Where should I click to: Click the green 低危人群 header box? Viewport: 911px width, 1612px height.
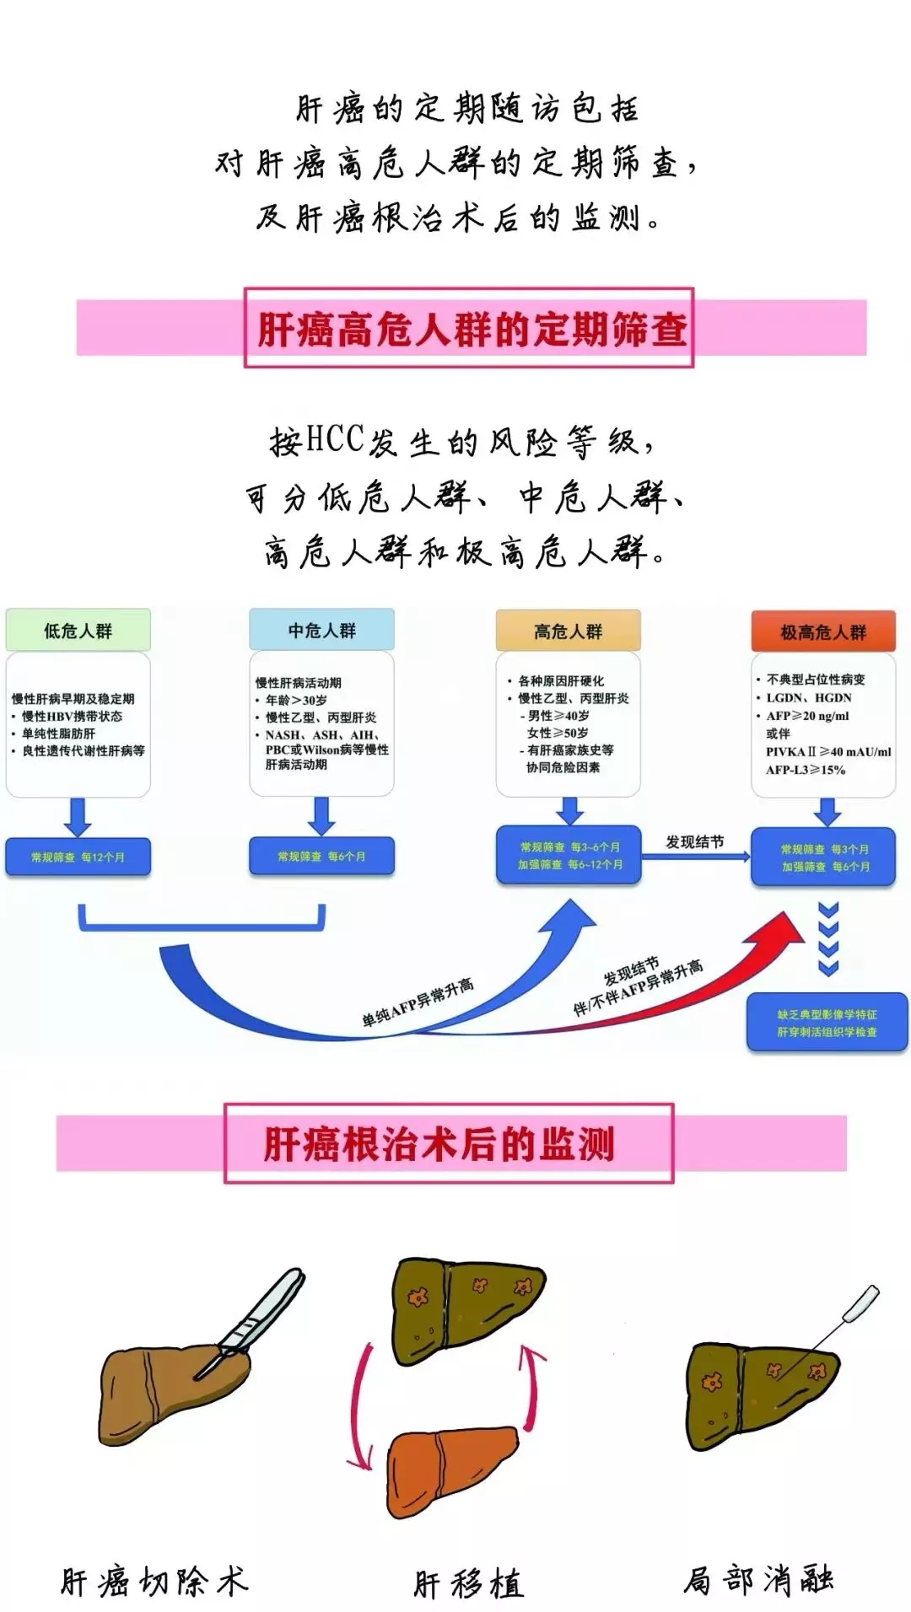click(x=78, y=631)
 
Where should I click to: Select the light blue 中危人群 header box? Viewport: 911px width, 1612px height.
click(x=321, y=631)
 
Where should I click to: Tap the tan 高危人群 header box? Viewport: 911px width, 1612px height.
click(x=568, y=631)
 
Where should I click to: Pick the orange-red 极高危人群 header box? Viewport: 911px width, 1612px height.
click(x=822, y=632)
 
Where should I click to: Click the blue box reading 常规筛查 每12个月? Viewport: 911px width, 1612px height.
click(x=78, y=857)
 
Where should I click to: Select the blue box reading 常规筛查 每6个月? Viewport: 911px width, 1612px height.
click(x=321, y=856)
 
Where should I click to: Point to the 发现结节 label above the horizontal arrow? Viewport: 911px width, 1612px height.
click(x=694, y=841)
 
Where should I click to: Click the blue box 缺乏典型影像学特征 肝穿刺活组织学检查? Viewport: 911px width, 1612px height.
click(x=827, y=1023)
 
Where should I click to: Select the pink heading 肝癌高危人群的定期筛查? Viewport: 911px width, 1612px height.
click(x=471, y=328)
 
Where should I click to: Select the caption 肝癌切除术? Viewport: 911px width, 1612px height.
click(x=154, y=1581)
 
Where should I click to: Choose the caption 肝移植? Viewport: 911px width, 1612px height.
click(x=468, y=1583)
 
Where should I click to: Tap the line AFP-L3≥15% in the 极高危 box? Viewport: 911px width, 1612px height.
click(x=805, y=770)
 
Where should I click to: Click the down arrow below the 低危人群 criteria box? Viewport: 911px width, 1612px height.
click(x=78, y=816)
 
